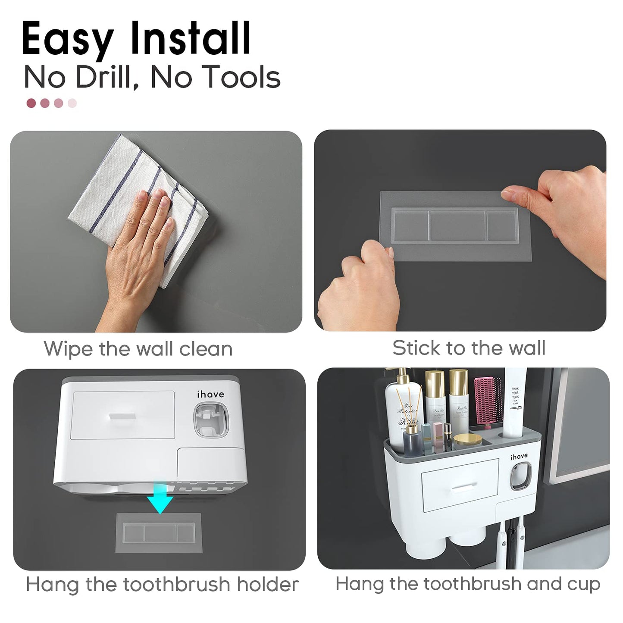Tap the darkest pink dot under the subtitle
click(x=31, y=103)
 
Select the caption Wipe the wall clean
click(x=138, y=348)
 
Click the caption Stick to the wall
click(x=469, y=348)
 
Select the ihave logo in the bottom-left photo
click(x=210, y=394)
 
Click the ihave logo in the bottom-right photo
click(x=519, y=457)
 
